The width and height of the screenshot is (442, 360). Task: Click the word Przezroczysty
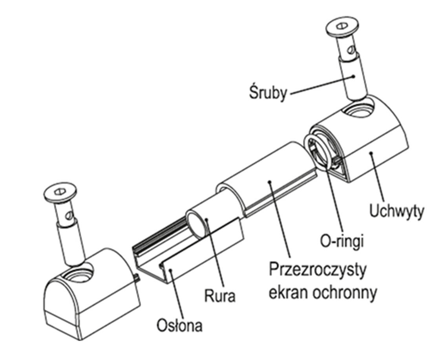[318, 270]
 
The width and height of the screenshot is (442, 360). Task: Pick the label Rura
[220, 296]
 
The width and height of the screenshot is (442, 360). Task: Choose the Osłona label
[179, 325]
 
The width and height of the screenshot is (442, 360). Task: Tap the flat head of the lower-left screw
[60, 192]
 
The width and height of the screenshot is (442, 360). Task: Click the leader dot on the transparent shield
[270, 182]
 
